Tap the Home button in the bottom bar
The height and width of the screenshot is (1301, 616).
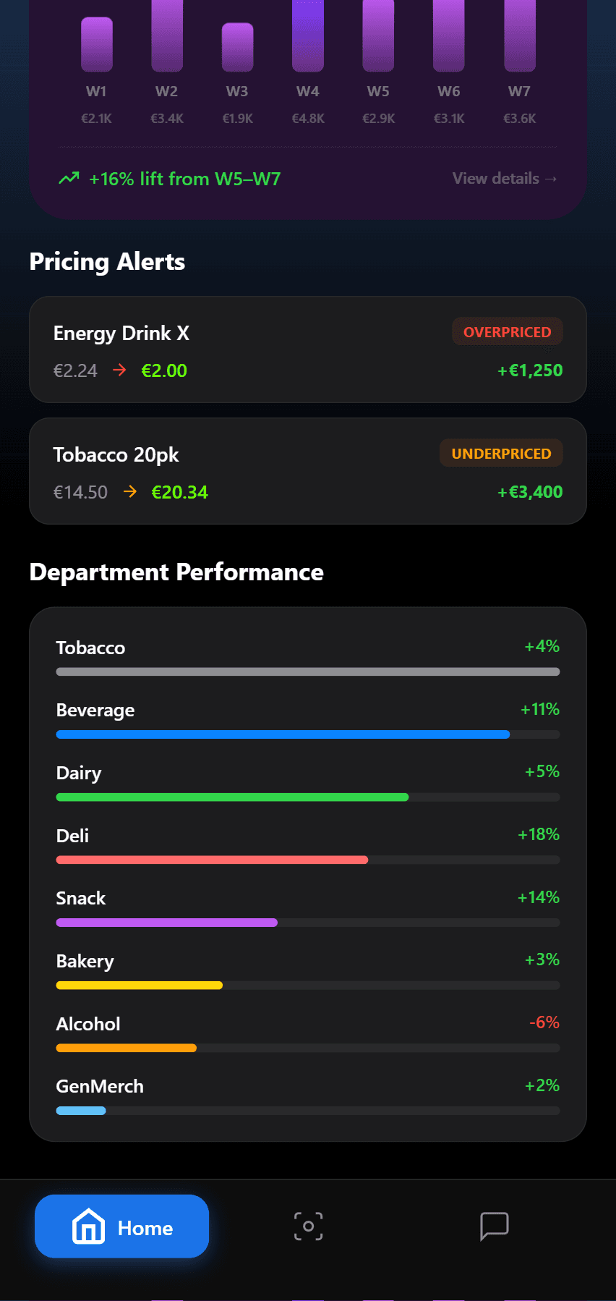pos(121,1226)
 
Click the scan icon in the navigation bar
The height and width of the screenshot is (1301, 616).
pos(309,1226)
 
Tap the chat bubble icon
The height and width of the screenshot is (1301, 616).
pos(495,1226)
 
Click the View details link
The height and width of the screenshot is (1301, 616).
pos(504,179)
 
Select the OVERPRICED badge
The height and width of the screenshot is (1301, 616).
pos(507,332)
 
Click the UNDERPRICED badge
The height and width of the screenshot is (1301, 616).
pos(501,454)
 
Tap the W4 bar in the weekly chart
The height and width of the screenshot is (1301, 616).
pos(308,36)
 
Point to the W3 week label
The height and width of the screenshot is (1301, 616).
pos(237,92)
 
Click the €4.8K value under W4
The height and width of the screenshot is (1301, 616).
pos(308,119)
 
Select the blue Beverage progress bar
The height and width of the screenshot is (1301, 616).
pos(283,734)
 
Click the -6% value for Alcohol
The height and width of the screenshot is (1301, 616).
pos(544,1022)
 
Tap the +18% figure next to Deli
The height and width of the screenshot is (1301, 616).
pos(539,834)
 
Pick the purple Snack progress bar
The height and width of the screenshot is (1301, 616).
pos(167,923)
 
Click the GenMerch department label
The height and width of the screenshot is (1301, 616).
pos(100,1086)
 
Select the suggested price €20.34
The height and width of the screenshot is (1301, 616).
pos(179,493)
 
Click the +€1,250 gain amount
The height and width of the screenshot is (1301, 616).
pos(530,370)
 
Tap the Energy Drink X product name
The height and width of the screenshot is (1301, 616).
pos(121,334)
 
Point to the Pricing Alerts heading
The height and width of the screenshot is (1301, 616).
pos(107,262)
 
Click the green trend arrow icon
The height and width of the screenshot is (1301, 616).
pos(69,178)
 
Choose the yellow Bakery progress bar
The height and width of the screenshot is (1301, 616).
pos(140,986)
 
